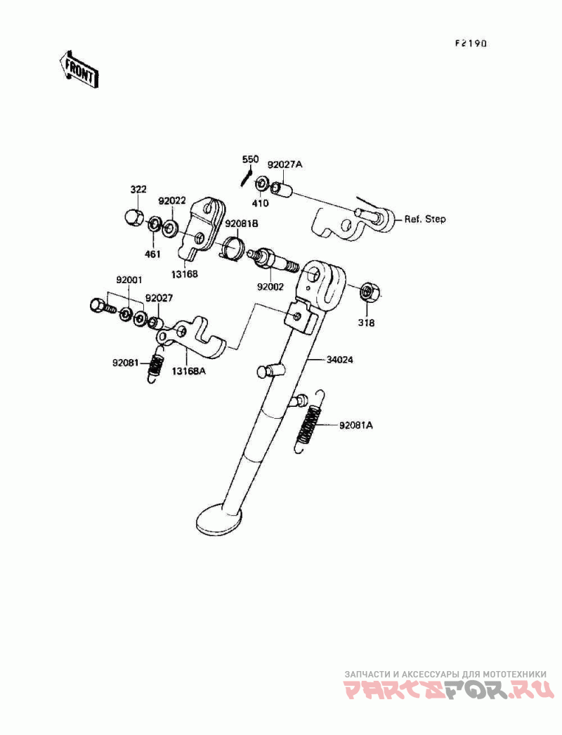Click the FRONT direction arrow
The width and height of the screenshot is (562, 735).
pyautogui.click(x=78, y=69)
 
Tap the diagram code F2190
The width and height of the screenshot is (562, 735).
pyautogui.click(x=470, y=43)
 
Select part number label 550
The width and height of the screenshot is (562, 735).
pyautogui.click(x=251, y=160)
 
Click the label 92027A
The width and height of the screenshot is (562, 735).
pyautogui.click(x=285, y=164)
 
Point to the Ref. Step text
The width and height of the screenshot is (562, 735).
pyautogui.click(x=424, y=219)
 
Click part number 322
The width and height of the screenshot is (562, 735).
pyautogui.click(x=138, y=190)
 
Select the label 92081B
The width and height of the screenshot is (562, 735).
pyautogui.click(x=241, y=223)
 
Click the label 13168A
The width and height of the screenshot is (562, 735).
pyautogui.click(x=190, y=370)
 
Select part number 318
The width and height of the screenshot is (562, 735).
pyautogui.click(x=367, y=323)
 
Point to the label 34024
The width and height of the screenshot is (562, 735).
pyautogui.click(x=339, y=360)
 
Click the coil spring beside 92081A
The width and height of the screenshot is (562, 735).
pyautogui.click(x=310, y=422)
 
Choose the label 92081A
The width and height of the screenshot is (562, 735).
pyautogui.click(x=356, y=426)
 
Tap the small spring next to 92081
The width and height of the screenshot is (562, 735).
pyautogui.click(x=157, y=367)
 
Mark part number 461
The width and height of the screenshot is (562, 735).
pyautogui.click(x=153, y=254)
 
